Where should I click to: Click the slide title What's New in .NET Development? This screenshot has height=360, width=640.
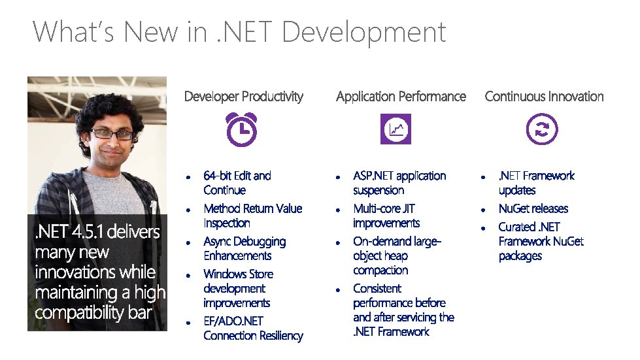click(239, 31)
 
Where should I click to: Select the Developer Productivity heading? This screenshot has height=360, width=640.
click(244, 97)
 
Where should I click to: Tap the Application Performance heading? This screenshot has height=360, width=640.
click(401, 97)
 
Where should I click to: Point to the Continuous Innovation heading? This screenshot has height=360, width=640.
click(544, 97)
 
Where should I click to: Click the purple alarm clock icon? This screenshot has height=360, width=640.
click(241, 129)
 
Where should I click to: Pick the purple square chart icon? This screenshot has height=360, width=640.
click(396, 129)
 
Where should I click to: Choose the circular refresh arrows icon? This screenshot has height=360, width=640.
click(543, 129)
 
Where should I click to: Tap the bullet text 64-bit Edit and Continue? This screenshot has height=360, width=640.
click(237, 183)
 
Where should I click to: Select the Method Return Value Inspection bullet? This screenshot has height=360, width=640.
click(252, 216)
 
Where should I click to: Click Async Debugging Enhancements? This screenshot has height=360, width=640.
click(244, 248)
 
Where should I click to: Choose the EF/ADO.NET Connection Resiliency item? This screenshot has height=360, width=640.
click(253, 328)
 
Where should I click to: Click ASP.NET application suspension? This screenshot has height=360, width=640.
click(399, 183)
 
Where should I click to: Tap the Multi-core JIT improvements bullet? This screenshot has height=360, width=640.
click(386, 216)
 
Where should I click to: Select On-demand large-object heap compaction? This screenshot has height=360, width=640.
click(397, 255)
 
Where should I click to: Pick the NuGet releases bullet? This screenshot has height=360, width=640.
click(533, 208)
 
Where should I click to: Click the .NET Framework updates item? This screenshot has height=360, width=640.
click(536, 183)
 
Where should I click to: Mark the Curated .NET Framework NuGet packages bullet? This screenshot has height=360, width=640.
click(541, 241)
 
